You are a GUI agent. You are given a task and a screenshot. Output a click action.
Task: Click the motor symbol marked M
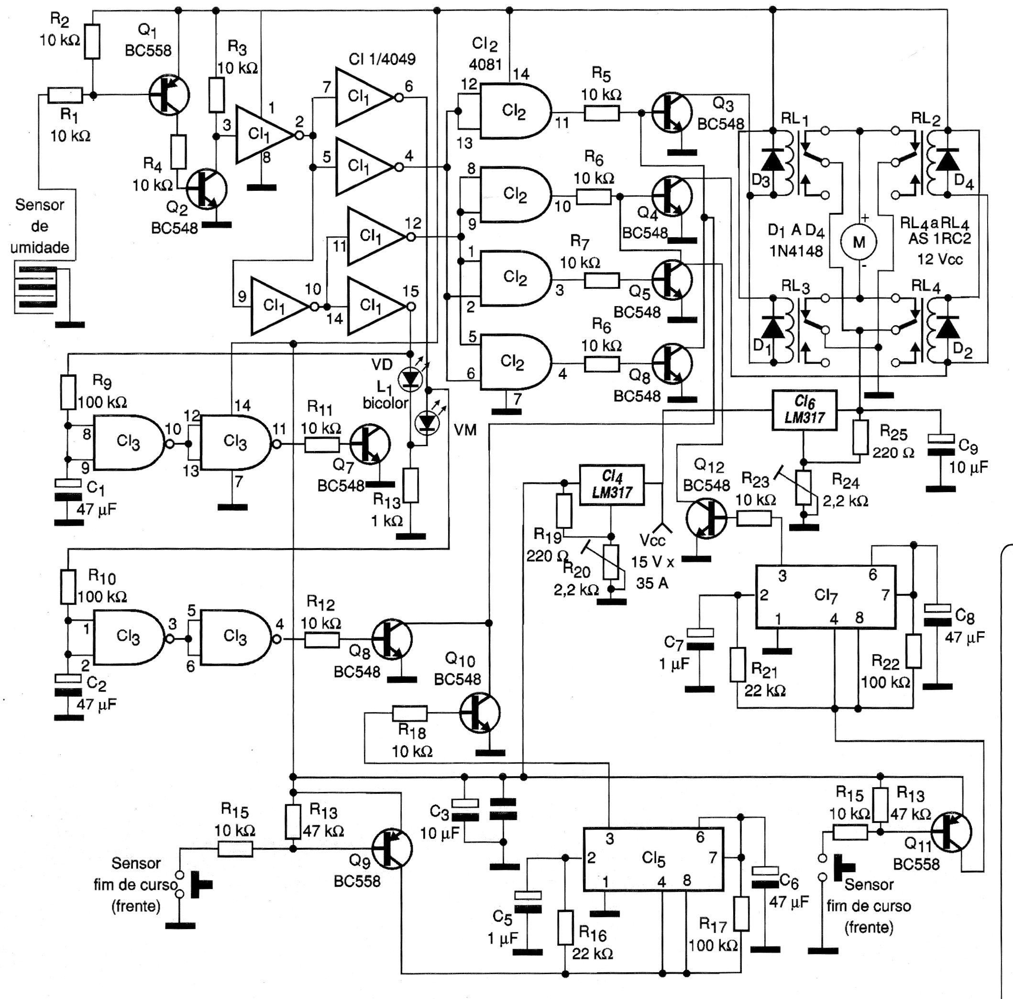point(859,242)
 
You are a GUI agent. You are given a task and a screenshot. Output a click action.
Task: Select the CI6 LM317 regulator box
point(804,410)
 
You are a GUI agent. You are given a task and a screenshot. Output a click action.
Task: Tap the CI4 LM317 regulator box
point(611,485)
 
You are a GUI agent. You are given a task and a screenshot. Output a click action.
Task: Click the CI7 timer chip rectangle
point(826,596)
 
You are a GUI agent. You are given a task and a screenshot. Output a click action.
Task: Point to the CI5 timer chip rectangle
point(653,859)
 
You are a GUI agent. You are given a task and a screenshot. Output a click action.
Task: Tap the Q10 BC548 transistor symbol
point(480,713)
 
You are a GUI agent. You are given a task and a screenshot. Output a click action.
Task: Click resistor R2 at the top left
point(92,42)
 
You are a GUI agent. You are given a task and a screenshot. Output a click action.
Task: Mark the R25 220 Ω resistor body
point(860,437)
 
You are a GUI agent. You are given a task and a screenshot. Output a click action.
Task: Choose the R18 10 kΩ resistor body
point(409,714)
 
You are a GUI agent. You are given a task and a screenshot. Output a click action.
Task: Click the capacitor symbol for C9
point(941,446)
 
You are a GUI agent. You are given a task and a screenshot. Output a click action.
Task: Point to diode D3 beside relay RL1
point(772,160)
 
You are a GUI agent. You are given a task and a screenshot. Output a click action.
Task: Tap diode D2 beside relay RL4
point(947,328)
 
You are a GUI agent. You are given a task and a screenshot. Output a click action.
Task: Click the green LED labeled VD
point(410,378)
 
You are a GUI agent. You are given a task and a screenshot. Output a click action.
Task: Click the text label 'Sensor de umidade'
point(40,226)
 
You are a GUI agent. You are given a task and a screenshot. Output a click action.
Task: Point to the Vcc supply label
point(652,540)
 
